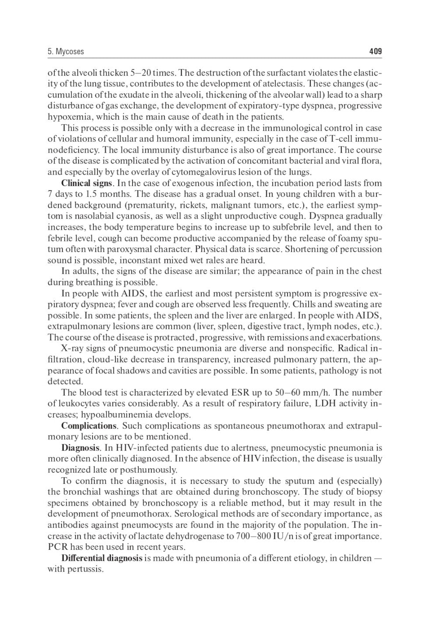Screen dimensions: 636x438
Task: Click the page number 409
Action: [x=375, y=52]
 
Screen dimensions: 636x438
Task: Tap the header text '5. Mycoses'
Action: [x=66, y=52]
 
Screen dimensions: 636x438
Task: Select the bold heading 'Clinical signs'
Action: [x=86, y=183]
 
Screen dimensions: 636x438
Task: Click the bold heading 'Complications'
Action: [x=88, y=426]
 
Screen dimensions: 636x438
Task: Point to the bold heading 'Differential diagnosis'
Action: [x=102, y=558]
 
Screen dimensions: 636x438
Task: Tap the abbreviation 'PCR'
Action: [x=56, y=547]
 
